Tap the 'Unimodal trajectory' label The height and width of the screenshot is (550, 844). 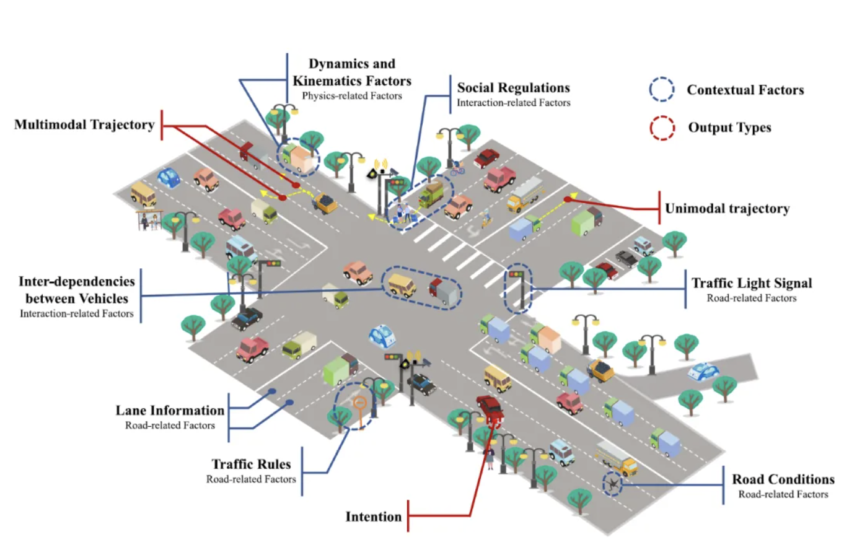tap(727, 209)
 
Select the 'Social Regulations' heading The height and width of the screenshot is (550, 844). tap(513, 88)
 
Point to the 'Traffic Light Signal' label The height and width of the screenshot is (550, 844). tap(751, 284)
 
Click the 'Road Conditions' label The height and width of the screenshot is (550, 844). tap(783, 480)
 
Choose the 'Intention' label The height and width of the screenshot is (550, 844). tap(374, 516)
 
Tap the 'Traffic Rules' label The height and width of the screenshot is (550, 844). tap(251, 464)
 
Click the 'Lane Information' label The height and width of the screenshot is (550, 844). tap(170, 411)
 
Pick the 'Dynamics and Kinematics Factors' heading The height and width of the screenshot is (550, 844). tap(352, 72)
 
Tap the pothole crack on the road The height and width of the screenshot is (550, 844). tap(613, 484)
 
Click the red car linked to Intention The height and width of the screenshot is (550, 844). tap(490, 408)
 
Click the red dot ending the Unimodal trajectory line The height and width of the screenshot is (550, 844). tap(567, 199)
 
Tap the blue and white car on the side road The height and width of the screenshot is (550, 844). tap(703, 372)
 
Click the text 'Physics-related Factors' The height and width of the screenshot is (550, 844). tap(352, 96)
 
